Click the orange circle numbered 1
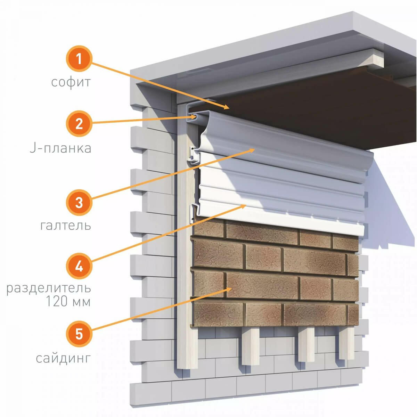[x=79, y=59]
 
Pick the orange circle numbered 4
[x=79, y=267]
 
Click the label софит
[x=71, y=82]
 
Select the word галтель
[x=66, y=226]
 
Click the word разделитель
[x=49, y=288]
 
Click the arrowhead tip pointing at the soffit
[x=229, y=108]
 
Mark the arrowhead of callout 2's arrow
[x=197, y=117]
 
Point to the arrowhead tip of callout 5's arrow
[x=231, y=288]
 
